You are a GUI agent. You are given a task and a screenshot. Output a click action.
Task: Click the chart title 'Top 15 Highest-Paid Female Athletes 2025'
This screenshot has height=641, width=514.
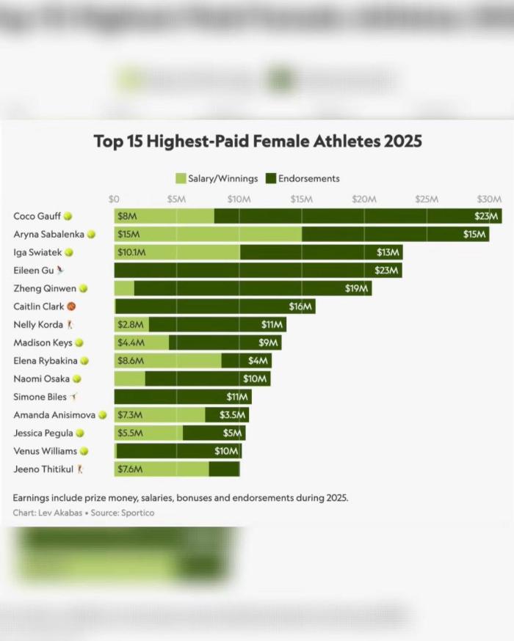pos(258,141)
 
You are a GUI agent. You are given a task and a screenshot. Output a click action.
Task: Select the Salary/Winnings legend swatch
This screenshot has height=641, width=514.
pos(181,178)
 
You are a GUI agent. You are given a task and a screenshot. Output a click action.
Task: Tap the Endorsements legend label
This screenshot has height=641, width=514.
pos(308,178)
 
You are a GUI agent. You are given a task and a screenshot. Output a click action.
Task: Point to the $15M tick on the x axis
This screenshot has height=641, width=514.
pos(302,199)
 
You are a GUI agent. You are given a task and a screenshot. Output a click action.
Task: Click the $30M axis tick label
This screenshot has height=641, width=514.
pos(489,199)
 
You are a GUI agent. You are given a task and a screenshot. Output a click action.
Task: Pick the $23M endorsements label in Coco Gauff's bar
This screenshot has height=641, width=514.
pos(487,216)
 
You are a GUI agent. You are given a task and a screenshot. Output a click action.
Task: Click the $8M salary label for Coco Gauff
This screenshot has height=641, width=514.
pos(127,216)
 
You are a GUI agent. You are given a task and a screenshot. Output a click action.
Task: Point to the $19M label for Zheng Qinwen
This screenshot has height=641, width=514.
pos(356,289)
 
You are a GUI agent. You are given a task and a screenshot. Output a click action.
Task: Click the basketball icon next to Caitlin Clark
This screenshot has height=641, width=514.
pos(71,307)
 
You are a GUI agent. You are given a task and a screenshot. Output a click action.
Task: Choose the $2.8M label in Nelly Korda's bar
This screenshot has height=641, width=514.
pos(129,325)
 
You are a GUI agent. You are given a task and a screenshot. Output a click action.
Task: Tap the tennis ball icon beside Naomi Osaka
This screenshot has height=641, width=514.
pos(76,379)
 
